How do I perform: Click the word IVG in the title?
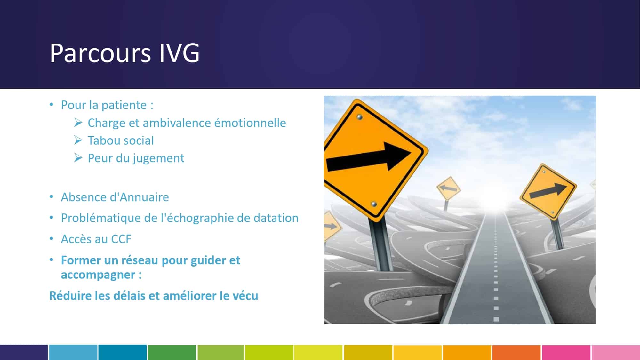tap(179, 53)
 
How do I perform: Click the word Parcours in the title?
tap(100, 53)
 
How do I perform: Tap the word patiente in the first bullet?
tap(124, 105)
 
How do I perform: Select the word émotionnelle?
tap(250, 123)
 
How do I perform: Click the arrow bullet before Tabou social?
tap(78, 140)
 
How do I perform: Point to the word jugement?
tap(158, 158)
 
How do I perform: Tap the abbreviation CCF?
tap(121, 239)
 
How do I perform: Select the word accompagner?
tap(98, 275)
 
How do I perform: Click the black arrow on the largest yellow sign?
tap(368, 157)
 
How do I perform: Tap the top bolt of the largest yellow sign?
tap(360, 117)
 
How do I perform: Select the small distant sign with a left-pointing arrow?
tap(449, 188)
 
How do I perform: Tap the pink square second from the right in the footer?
tap(566, 352)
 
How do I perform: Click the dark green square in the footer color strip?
tap(172, 352)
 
